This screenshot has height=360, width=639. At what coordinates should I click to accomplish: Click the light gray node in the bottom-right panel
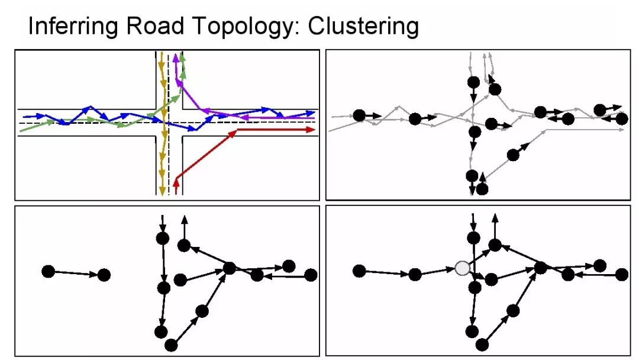[x=462, y=268]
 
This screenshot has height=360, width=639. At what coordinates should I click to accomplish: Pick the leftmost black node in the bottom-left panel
[x=49, y=271]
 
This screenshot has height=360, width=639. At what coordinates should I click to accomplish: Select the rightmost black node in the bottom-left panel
[x=311, y=275]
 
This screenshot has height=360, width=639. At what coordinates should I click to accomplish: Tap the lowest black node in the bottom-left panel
[x=172, y=345]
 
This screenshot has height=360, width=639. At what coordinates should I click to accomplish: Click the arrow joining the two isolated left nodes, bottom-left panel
[x=76, y=273]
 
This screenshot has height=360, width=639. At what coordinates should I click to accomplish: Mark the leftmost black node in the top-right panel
[x=359, y=115]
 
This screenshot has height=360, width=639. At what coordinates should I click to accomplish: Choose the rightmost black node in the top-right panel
[x=622, y=119]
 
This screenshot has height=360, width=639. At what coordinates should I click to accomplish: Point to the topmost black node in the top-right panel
[x=473, y=82]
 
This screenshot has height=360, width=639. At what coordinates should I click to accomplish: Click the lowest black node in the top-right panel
[x=482, y=189]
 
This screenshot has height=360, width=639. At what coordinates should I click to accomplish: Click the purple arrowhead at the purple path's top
[x=176, y=59]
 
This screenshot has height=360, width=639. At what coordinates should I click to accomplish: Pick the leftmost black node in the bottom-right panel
[x=359, y=271]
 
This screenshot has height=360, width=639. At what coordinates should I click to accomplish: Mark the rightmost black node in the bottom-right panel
[x=622, y=274]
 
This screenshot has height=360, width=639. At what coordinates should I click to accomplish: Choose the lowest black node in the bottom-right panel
[x=482, y=343]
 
